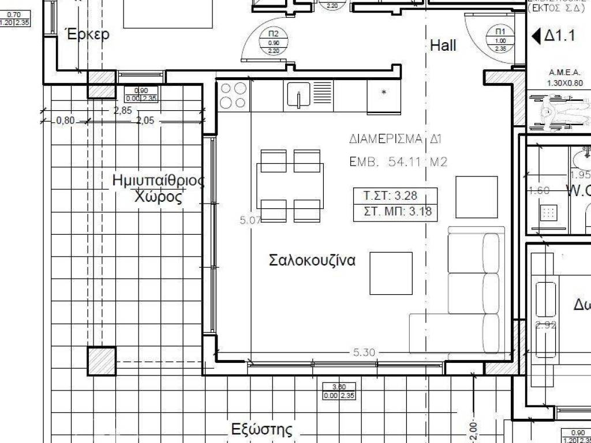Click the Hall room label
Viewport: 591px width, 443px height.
click(443, 46)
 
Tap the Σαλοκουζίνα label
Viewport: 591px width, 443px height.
click(312, 260)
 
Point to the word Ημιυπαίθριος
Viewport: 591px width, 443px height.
click(158, 181)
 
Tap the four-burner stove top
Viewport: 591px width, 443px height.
click(233, 95)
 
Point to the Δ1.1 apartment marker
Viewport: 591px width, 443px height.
click(554, 36)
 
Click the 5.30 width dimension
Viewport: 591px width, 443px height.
click(364, 352)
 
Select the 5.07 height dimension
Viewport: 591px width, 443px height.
click(250, 220)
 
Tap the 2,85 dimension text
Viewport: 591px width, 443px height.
click(122, 111)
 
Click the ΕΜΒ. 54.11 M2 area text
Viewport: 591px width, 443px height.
click(398, 163)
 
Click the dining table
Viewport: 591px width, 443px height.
click(290, 185)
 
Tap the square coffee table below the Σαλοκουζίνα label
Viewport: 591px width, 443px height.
click(391, 273)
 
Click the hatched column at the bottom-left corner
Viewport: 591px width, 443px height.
click(102, 361)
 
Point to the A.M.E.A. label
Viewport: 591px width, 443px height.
click(564, 73)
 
